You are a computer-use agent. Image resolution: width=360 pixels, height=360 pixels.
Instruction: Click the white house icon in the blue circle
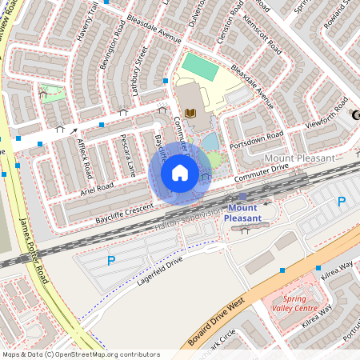click(x=180, y=173)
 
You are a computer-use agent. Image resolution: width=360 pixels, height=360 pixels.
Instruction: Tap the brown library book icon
click(x=190, y=112)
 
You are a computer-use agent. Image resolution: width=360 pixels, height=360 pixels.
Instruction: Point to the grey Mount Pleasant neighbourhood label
click(x=299, y=158)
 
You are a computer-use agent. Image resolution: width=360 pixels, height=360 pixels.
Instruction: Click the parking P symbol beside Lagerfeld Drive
click(x=110, y=260)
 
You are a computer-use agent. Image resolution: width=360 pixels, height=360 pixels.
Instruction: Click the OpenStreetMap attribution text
click(x=81, y=354)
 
